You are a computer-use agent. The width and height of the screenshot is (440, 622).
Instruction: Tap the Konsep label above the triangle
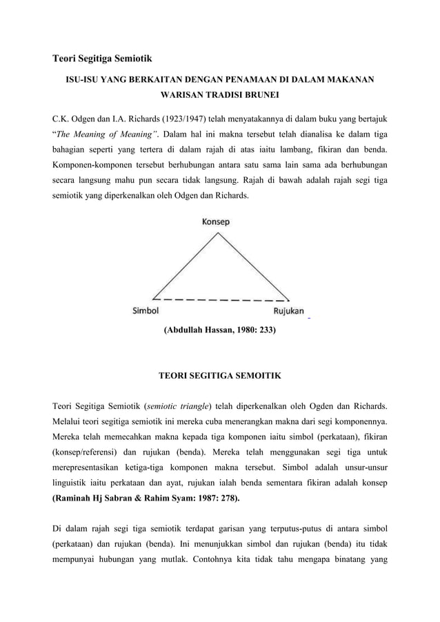216,222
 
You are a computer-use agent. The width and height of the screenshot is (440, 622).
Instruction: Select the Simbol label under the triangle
147,311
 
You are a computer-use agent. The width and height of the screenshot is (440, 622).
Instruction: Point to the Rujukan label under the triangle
286,311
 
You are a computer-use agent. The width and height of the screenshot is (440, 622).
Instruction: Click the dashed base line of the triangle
221,300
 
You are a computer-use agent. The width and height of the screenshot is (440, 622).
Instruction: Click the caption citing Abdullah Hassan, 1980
219,330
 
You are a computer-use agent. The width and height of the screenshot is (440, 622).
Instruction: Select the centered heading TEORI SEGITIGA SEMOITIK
219,377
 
